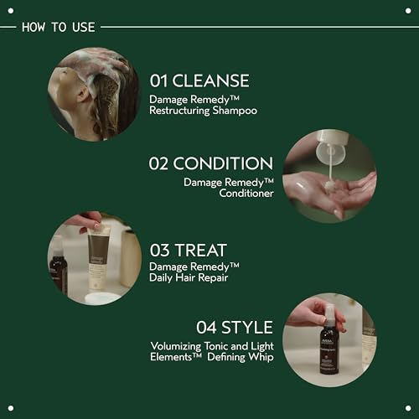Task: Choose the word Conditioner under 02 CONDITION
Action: (x=240, y=193)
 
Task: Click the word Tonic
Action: (x=228, y=344)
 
